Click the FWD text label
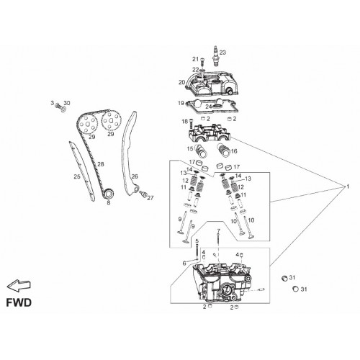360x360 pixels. tap(19, 302)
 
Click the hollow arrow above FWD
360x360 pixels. tap(19, 286)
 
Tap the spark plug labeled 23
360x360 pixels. tap(216, 56)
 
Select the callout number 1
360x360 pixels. tap(348, 186)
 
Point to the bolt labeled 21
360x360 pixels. tap(202, 62)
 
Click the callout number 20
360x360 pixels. tap(181, 82)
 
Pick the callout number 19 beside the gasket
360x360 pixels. tap(181, 103)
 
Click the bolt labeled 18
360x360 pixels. tap(192, 124)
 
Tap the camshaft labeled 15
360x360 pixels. tap(201, 151)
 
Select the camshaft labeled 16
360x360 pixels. tap(223, 150)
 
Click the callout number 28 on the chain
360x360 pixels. tap(101, 164)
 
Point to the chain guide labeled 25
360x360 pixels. tap(82, 171)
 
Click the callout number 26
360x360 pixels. tap(135, 176)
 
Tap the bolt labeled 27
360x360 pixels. tap(144, 194)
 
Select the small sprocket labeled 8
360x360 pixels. tap(109, 194)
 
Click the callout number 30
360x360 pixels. tap(67, 103)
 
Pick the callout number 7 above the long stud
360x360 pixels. tap(218, 231)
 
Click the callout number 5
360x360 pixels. tap(197, 241)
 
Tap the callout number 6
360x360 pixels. tap(184, 264)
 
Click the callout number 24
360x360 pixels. tap(209, 107)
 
